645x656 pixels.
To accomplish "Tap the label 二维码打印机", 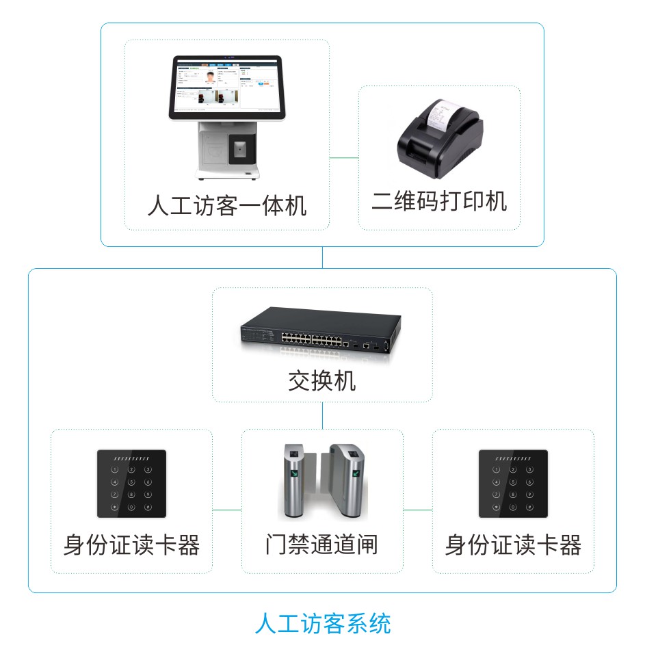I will click(439, 201).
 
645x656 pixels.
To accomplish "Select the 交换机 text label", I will click(321, 381).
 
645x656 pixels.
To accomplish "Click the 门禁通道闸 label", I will click(321, 545).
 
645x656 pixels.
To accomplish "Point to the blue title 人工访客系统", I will click(323, 624).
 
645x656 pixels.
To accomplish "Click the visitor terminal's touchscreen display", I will click(226, 85).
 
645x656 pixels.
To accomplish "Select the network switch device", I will click(320, 331).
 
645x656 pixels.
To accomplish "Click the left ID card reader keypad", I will click(131, 483).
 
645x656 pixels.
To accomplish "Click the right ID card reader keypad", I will click(513, 483).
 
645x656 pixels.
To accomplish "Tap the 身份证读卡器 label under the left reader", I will click(131, 545).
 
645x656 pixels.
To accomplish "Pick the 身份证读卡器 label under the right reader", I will click(513, 545).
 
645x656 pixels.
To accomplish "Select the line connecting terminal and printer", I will click(344, 158).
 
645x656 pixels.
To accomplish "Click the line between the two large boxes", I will click(322, 257).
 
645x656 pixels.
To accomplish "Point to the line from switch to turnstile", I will click(322, 415).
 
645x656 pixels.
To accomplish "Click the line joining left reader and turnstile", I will click(227, 510).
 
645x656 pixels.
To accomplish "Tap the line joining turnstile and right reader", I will click(417, 510).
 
